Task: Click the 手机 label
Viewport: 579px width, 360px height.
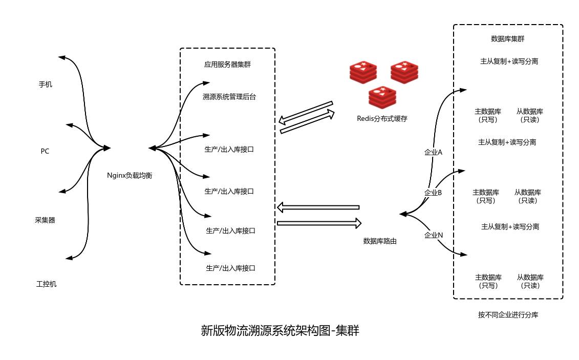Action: (46, 84)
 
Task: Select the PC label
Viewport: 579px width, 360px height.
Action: (45, 152)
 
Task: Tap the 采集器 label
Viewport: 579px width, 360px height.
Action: (45, 220)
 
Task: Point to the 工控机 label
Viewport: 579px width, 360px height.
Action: (47, 284)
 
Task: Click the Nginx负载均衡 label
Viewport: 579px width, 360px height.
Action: (130, 175)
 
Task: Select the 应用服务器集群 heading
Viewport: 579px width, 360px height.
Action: (227, 65)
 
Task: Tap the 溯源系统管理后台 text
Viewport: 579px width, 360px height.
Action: (229, 96)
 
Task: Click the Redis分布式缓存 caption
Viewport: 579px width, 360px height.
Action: (382, 118)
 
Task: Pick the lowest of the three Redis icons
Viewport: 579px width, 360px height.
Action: (382, 97)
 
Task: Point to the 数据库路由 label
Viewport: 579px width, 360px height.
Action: (380, 241)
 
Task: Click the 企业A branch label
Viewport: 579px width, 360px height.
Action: (434, 152)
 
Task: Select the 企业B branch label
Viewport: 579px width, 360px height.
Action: (433, 193)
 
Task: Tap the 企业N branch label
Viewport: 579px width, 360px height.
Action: (434, 235)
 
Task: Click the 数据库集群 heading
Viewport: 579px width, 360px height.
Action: (507, 38)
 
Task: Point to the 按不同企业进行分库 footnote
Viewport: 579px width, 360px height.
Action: (508, 315)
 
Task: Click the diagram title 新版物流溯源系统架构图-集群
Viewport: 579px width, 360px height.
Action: (280, 331)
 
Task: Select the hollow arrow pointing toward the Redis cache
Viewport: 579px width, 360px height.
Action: (308, 122)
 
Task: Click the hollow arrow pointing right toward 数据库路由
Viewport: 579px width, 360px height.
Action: (319, 223)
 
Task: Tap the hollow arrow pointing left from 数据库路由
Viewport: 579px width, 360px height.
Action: (318, 207)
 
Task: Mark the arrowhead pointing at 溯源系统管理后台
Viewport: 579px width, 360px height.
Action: (206, 82)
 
